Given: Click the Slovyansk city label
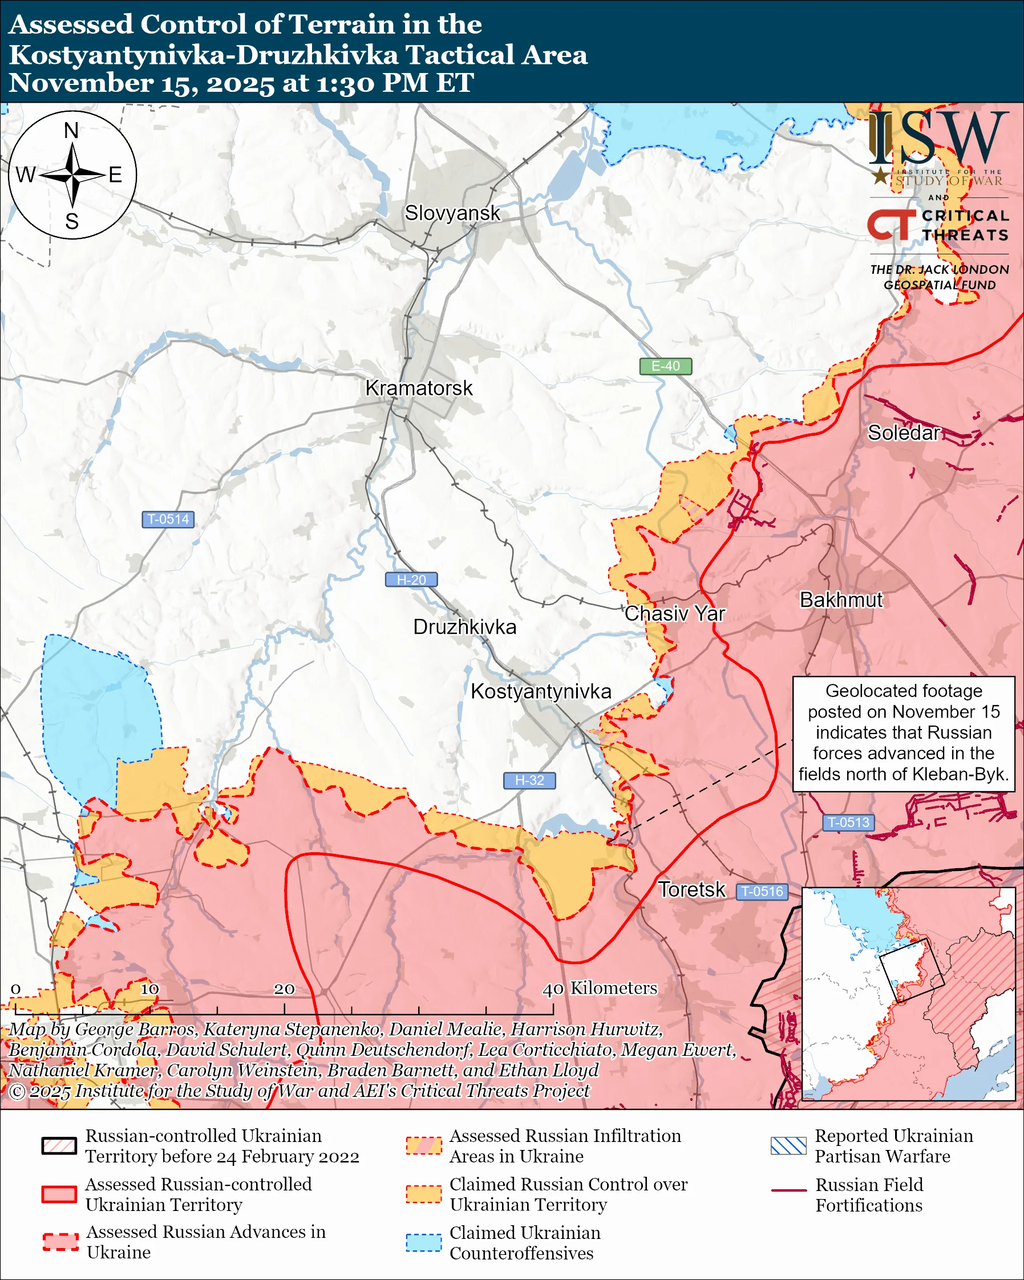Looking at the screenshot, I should pos(452,213).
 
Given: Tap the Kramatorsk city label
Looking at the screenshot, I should pos(419,388).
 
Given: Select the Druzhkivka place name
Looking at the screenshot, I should pos(464,627).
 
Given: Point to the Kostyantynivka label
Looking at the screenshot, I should pos(541,692).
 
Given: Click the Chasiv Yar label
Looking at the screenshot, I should pos(674,613).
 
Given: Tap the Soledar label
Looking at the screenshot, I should pos(904,433).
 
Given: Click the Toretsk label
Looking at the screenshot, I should pos(691,889).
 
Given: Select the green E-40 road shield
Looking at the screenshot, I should pos(665,366).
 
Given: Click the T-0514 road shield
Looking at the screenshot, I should pos(168,519).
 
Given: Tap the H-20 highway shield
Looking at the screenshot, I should pos(411,580).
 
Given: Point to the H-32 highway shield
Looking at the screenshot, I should pos(529,780).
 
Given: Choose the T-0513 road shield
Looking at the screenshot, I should pos(848,823).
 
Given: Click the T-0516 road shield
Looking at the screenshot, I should pos(762,891).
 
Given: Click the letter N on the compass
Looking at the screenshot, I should pos(71,130).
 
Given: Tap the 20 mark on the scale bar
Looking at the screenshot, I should pos(284,989).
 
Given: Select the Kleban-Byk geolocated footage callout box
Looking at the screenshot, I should pos(904,734).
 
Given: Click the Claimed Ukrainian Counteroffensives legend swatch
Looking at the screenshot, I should pos(423,1242).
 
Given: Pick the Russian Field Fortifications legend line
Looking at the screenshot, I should pos(788,1191).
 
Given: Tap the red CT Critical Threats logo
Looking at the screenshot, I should pos(891,225).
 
